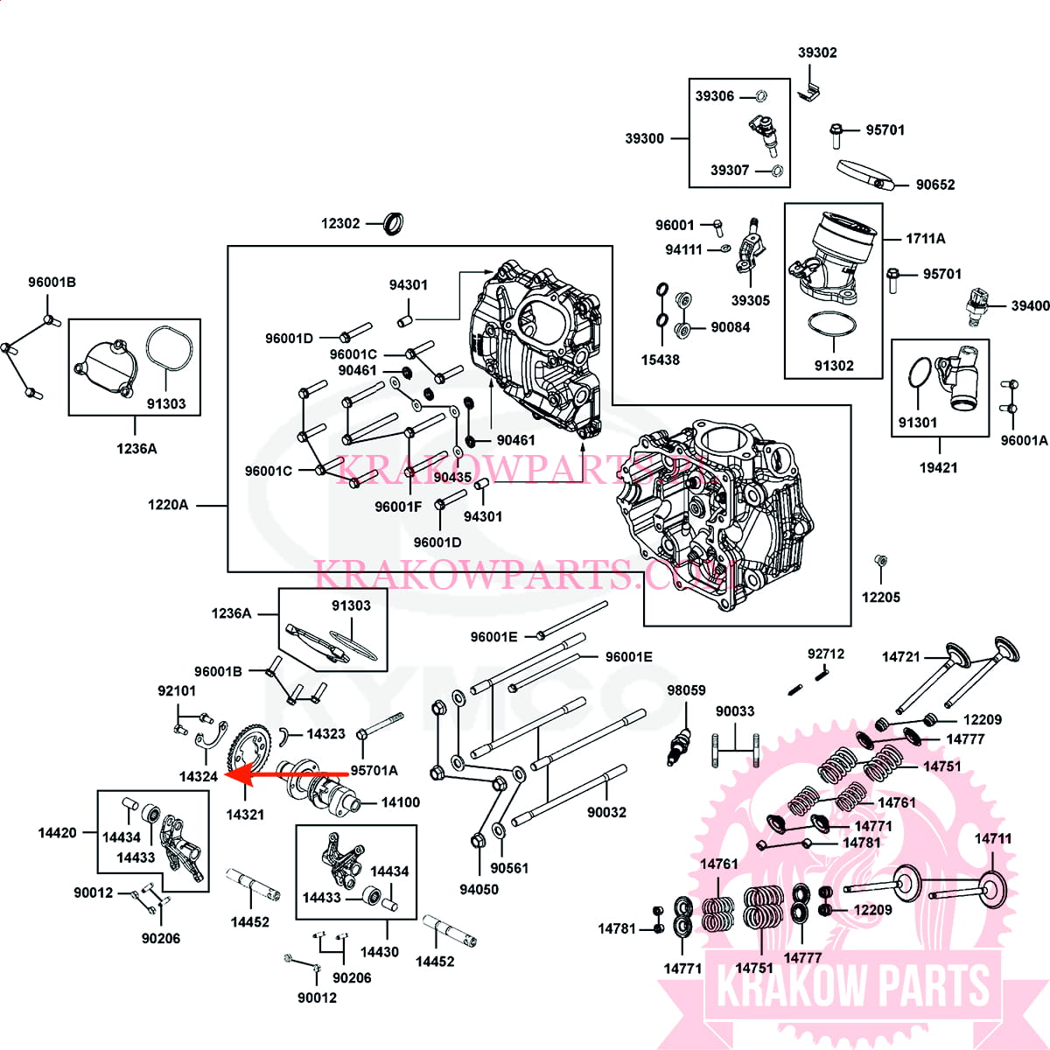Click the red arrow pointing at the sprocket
pos(287,774)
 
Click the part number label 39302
pos(817,52)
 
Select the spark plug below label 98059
pos(680,746)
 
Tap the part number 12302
pos(340,223)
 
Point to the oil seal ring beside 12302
pos(394,223)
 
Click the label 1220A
pos(168,505)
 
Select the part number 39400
pos(1031,305)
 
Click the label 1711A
pos(925,238)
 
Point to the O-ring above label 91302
pos(831,325)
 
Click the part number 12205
pos(881,598)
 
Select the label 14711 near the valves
pos(993,838)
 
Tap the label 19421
pos(938,467)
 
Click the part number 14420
pos(57,833)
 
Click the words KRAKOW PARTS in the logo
pos(853,987)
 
